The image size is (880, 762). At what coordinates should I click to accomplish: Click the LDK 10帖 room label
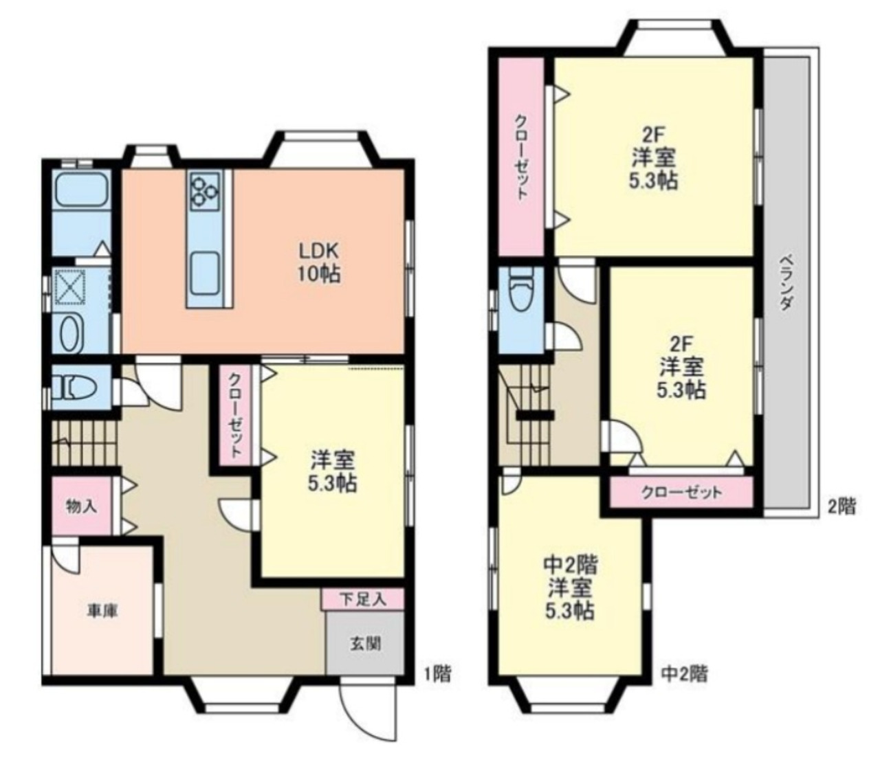tap(319, 263)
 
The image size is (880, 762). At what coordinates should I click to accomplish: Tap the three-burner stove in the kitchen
tap(205, 191)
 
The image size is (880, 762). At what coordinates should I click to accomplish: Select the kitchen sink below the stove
tap(205, 271)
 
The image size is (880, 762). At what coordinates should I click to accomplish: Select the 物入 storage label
tap(82, 506)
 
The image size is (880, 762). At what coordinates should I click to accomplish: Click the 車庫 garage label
tap(102, 612)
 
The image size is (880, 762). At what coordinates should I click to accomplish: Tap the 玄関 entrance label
tap(365, 644)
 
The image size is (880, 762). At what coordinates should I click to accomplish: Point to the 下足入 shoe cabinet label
tap(363, 599)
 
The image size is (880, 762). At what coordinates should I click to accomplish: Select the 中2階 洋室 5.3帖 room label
tap(571, 588)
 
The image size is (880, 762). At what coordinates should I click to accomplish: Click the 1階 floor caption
tap(437, 674)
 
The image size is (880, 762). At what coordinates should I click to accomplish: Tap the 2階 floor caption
tap(841, 506)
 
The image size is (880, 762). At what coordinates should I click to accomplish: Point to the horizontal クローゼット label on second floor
tap(681, 493)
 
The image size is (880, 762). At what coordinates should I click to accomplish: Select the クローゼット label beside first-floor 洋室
tap(235, 415)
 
